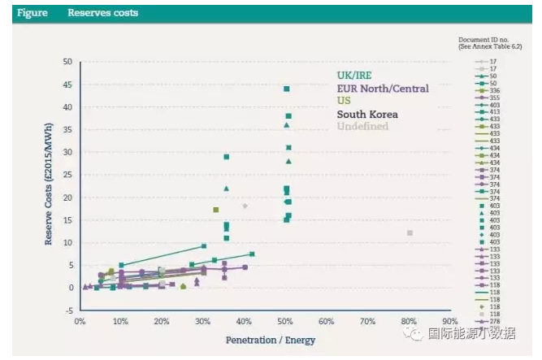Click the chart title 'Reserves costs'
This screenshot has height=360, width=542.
tap(102, 13)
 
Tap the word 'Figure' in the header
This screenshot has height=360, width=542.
tap(33, 13)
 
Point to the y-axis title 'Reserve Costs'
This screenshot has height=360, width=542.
tap(50, 186)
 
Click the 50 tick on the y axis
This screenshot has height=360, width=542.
tap(67, 62)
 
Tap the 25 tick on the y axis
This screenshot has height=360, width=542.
tap(67, 175)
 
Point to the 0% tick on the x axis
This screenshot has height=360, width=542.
tap(80, 321)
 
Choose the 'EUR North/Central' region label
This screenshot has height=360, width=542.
tap(383, 89)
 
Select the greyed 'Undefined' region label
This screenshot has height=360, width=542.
tap(362, 127)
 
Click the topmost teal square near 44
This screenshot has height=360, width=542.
tap(287, 89)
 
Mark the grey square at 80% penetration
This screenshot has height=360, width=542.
tap(410, 233)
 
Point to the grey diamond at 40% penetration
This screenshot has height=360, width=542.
tap(245, 206)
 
